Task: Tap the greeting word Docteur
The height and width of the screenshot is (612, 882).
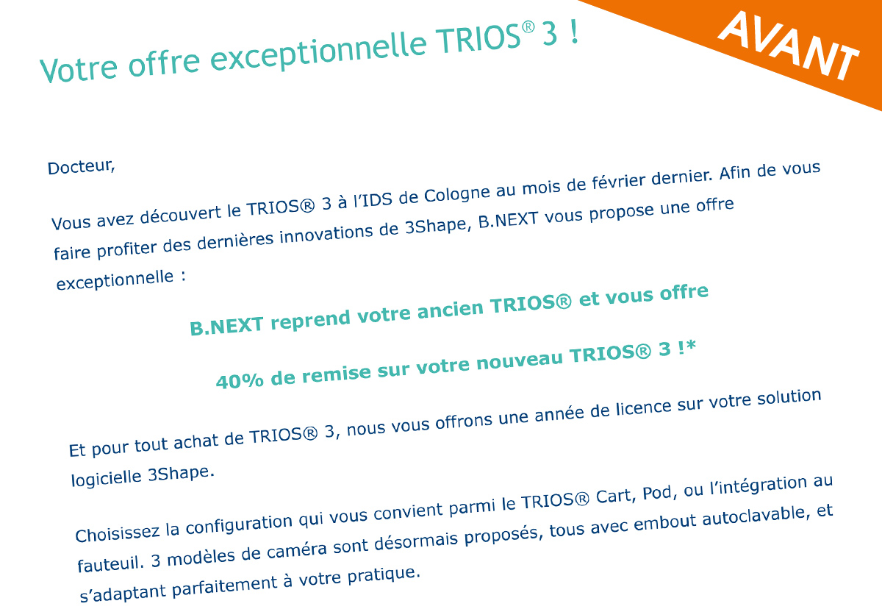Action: [x=81, y=167]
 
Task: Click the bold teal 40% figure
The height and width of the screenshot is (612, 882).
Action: [x=240, y=380]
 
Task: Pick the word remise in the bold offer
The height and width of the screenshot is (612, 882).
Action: [x=337, y=373]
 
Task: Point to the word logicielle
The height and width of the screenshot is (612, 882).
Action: [x=106, y=478]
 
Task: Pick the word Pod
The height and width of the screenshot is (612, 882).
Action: [x=659, y=493]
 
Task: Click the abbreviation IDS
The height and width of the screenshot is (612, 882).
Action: [x=377, y=199]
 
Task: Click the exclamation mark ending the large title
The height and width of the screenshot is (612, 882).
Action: [x=574, y=32]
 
